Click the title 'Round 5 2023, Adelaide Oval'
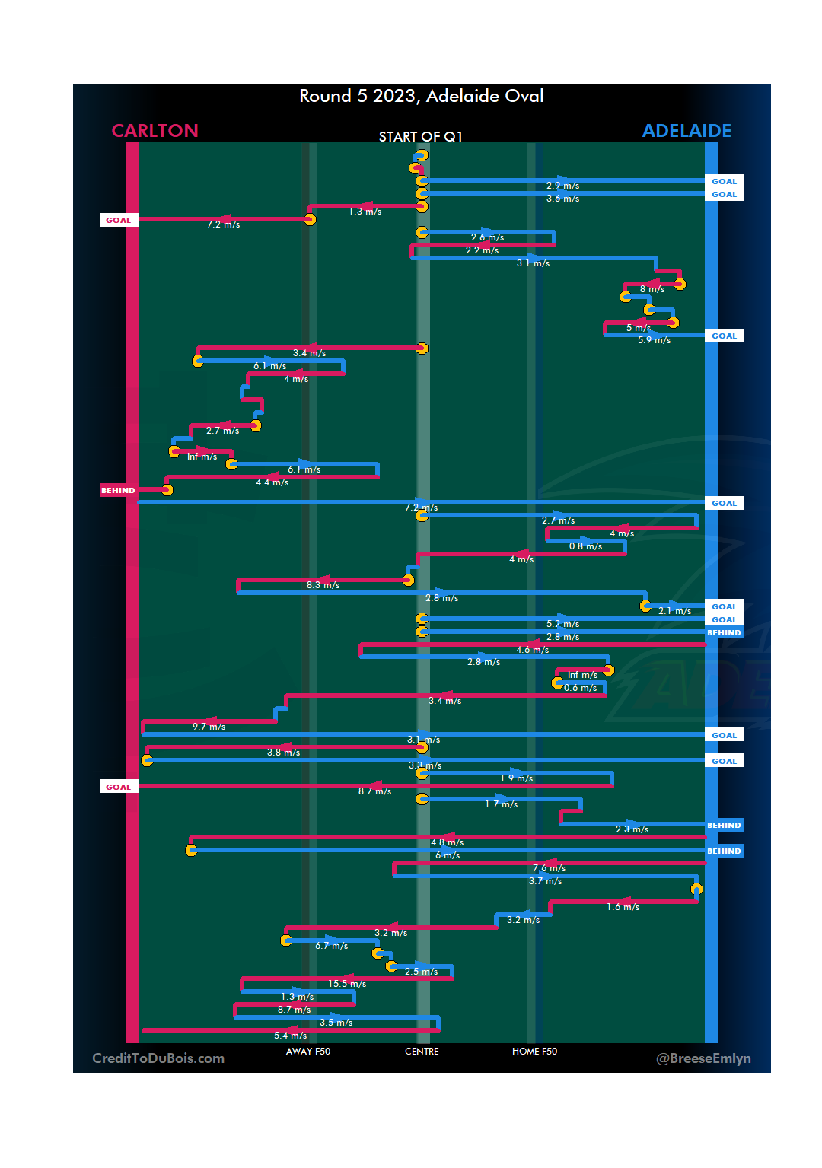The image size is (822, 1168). pos(421,96)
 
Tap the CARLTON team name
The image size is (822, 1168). pos(155,131)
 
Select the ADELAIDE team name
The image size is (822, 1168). pos(687,131)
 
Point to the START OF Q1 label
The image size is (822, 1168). pos(420,137)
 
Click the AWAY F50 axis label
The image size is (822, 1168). pos(308,1052)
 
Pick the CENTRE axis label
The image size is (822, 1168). pos(422,1052)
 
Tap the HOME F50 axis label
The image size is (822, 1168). pos(534,1052)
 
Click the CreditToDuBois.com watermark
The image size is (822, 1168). pos(158,1058)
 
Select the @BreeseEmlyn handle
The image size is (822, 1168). pos(703,1058)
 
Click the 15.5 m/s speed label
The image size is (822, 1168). pos(347,984)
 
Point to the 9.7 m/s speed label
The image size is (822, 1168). pos(209,727)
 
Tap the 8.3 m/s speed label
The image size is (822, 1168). pos(323,585)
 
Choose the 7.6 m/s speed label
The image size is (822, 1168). pos(549,868)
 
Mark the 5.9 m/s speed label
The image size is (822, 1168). pos(654,340)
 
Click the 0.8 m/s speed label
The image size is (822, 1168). pos(585,546)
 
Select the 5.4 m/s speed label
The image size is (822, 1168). pos(290,1036)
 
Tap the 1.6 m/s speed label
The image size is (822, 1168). pos(623,907)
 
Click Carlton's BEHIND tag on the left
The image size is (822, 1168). pos(118,491)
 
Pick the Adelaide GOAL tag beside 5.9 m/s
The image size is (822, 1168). pos(724,336)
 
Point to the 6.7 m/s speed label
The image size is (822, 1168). pos(331,946)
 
